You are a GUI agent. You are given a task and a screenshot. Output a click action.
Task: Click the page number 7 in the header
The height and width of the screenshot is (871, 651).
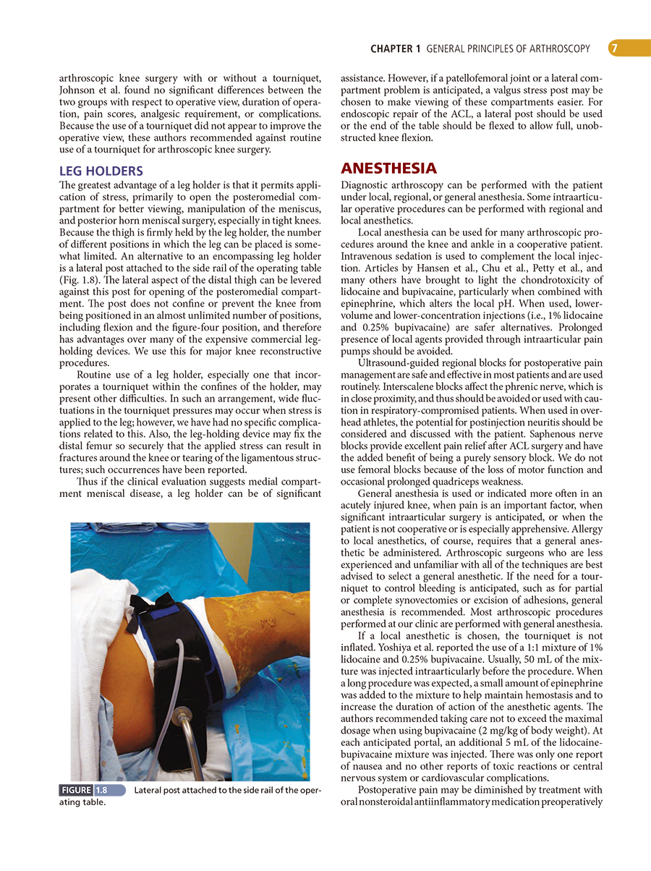[613, 48]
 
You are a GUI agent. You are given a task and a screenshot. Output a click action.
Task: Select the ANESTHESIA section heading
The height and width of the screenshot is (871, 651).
[388, 169]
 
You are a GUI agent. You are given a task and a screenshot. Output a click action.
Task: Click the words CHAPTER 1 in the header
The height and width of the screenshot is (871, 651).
[395, 49]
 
